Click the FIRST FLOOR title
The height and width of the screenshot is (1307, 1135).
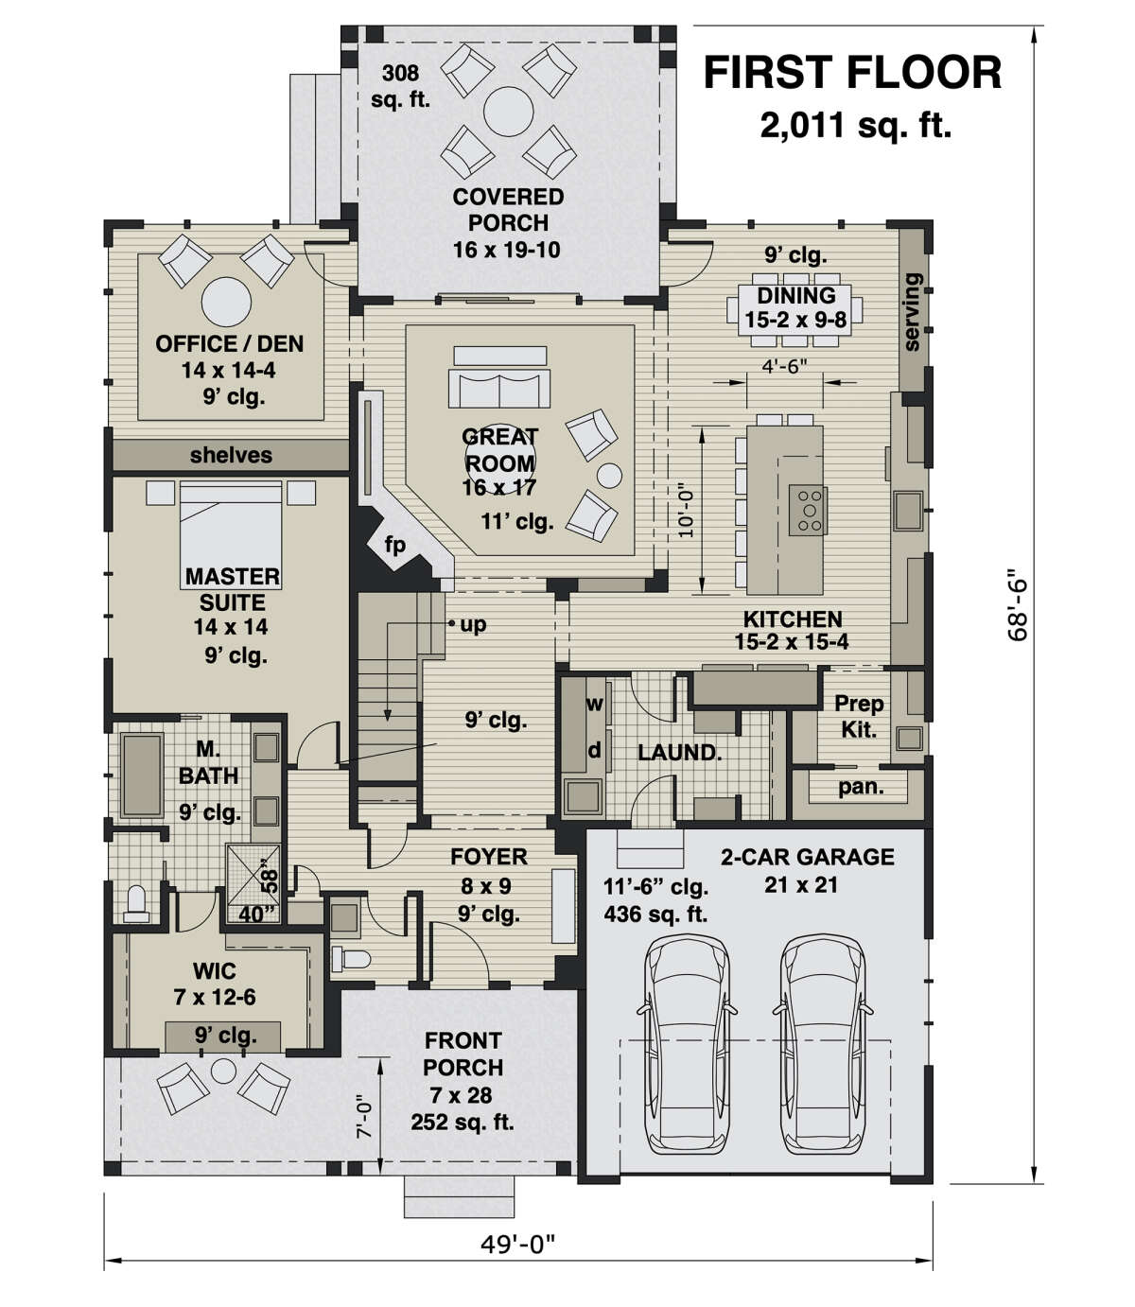852,72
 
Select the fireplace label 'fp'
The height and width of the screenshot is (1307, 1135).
394,544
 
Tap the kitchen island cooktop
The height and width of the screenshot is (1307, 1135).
808,511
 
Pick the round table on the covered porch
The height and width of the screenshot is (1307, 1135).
509,112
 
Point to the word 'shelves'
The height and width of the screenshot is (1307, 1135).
231,455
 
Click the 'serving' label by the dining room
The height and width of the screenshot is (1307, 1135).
912,312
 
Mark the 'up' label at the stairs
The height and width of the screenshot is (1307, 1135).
473,625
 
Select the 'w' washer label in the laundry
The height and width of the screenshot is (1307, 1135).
595,704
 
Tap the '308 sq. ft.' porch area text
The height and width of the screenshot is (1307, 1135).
400,86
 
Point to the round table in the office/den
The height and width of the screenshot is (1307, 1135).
226,302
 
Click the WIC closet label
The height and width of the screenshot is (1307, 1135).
215,971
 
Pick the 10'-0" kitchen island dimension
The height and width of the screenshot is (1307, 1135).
686,513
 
